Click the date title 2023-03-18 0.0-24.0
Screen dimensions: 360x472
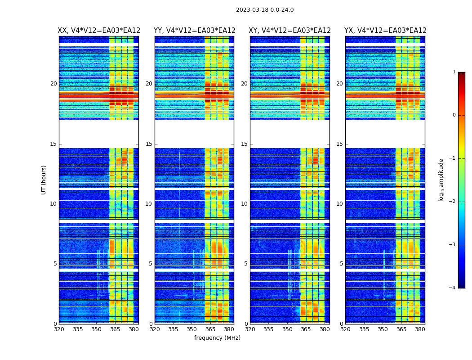(x=265, y=10)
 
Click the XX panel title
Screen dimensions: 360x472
(x=99, y=31)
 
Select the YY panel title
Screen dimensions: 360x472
(x=195, y=31)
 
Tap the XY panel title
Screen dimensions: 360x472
(x=290, y=31)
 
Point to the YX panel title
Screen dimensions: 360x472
(x=385, y=31)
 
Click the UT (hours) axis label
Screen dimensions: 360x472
(x=44, y=180)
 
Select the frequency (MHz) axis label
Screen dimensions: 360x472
(x=217, y=338)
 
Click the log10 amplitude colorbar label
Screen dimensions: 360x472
(x=441, y=180)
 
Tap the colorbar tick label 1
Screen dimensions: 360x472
(x=454, y=72)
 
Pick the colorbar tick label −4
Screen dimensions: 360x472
(x=453, y=288)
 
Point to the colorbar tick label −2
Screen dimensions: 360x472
(x=453, y=202)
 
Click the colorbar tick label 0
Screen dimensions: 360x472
(x=454, y=115)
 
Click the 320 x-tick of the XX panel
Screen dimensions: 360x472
(x=59, y=329)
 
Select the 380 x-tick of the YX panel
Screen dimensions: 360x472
(x=420, y=329)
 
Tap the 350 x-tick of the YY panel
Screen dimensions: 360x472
(x=192, y=329)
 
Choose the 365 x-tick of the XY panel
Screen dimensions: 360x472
(x=306, y=329)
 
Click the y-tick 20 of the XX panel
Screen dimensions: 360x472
(x=53, y=84)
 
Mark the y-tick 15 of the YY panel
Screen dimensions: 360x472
(x=149, y=144)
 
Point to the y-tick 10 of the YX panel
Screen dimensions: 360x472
(x=339, y=204)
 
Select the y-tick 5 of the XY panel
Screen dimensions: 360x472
(x=246, y=264)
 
